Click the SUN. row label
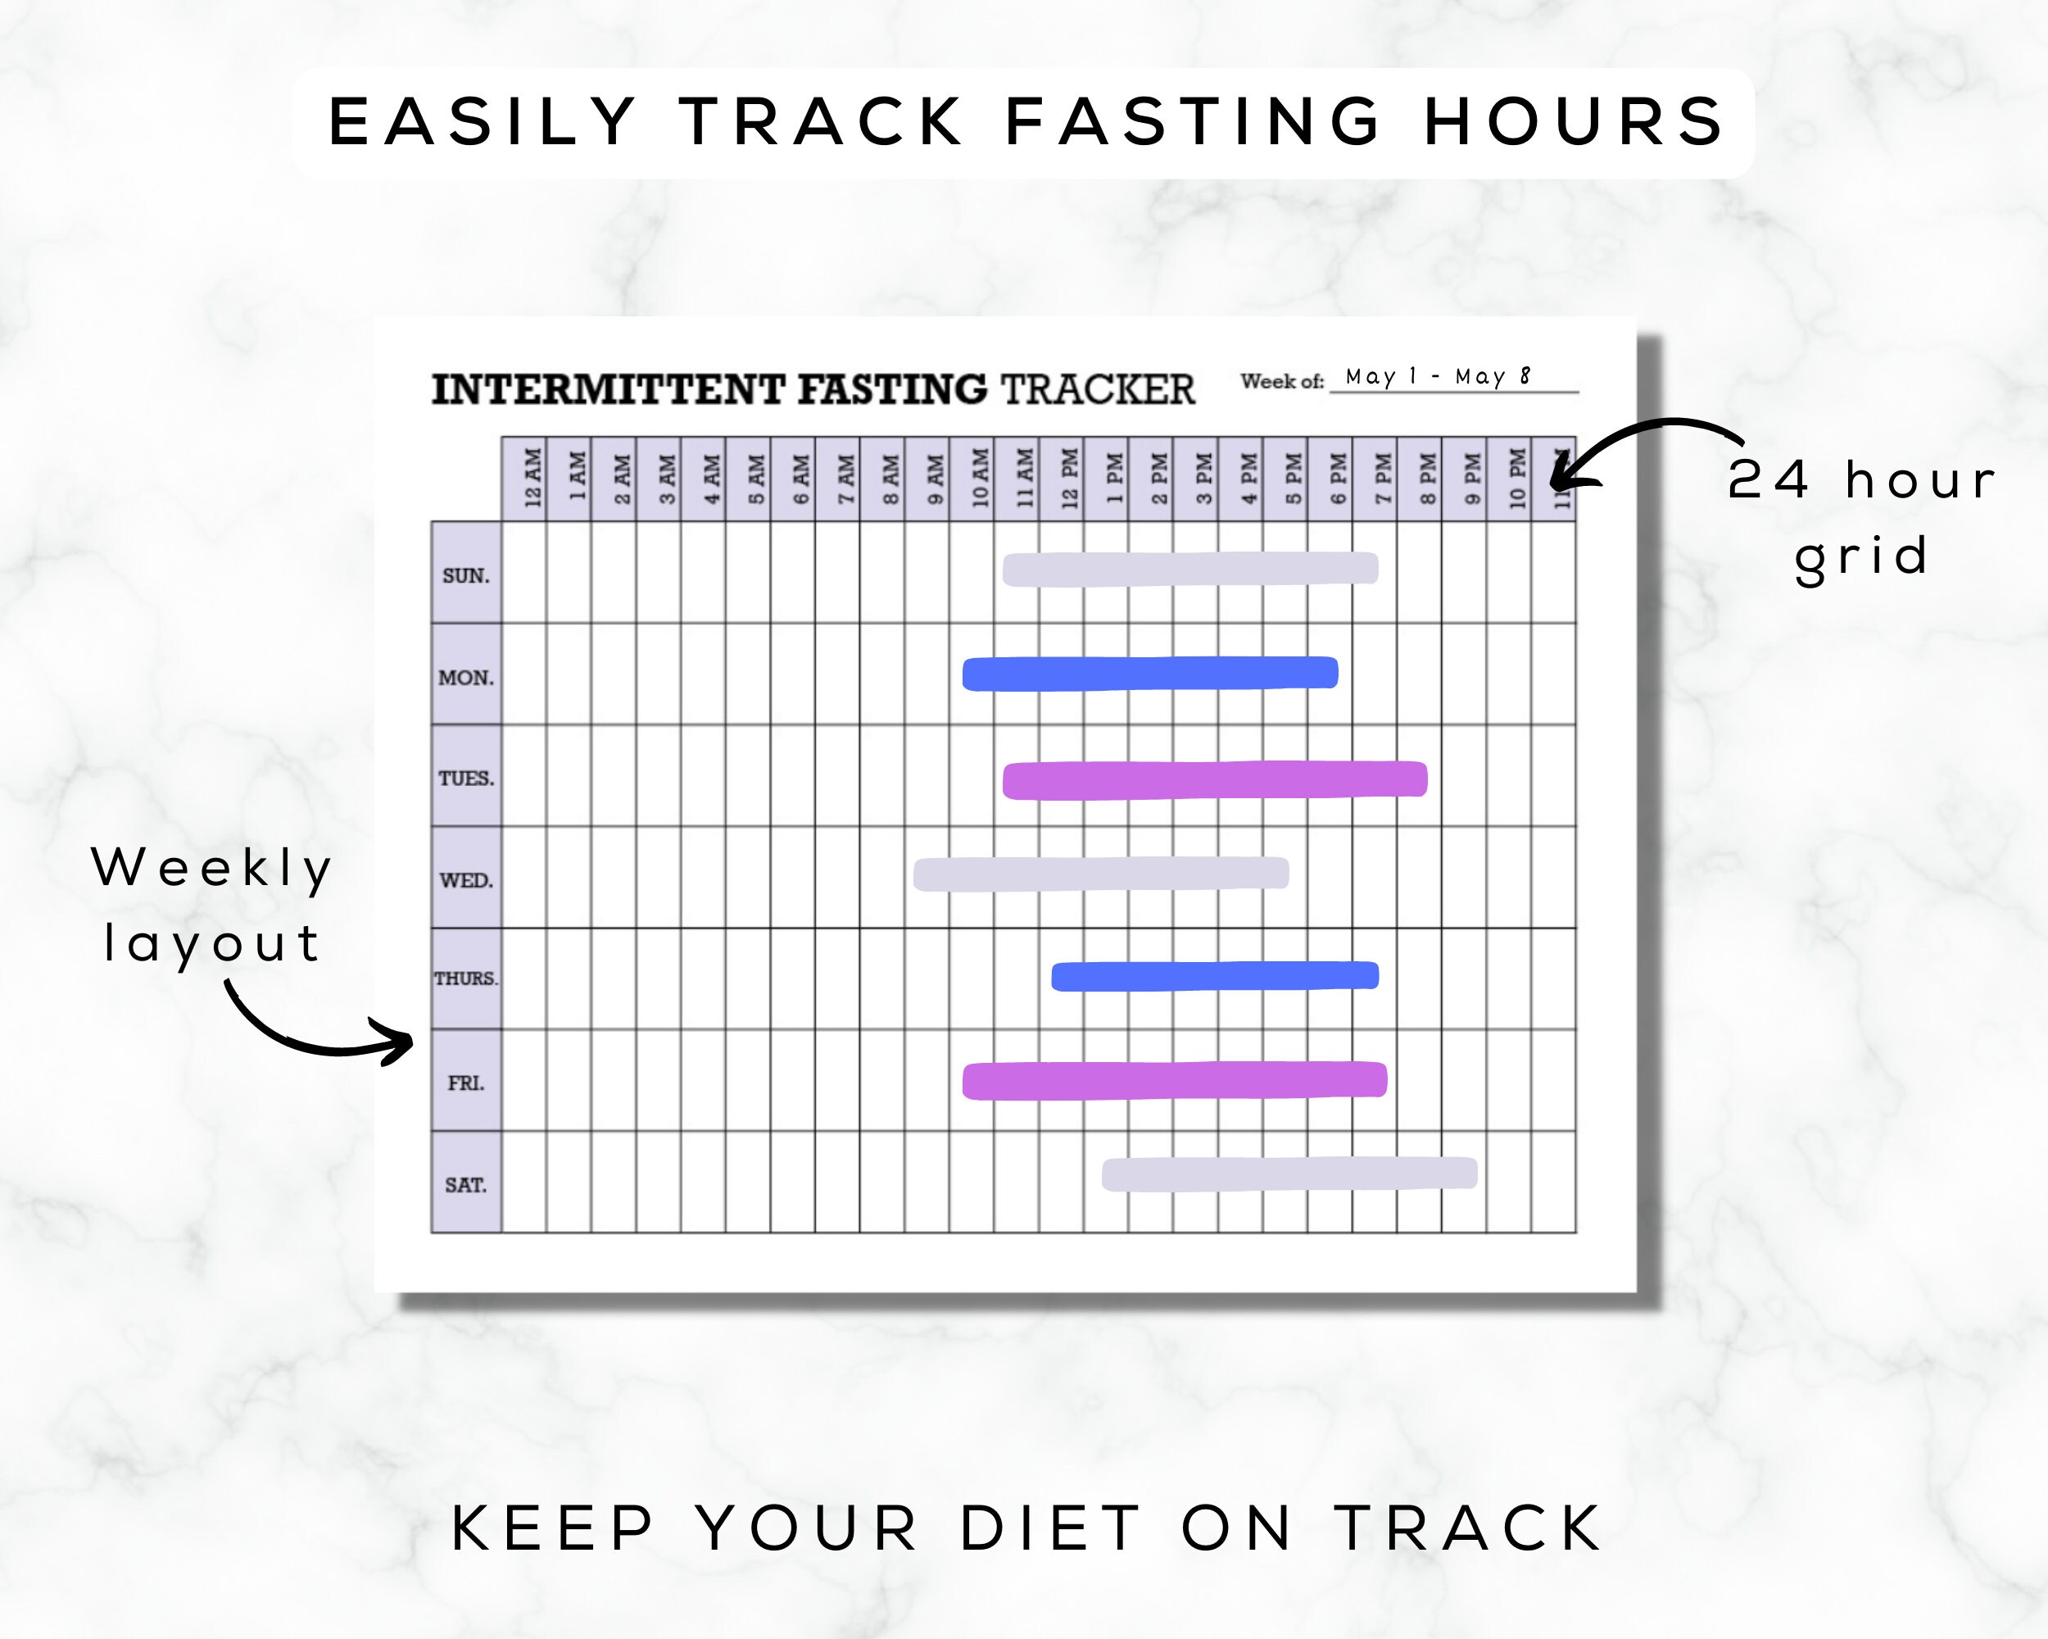[x=465, y=574]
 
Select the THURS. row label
[x=465, y=978]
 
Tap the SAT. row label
[x=465, y=1184]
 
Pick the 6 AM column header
[x=801, y=478]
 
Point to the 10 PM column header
[x=1517, y=478]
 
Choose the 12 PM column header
[x=1070, y=478]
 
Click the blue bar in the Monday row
[x=1149, y=674]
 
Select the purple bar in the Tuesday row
[x=1214, y=780]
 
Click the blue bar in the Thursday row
[x=1214, y=976]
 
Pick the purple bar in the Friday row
[x=1174, y=1080]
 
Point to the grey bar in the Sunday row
[x=1189, y=569]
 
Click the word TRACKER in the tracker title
[x=1097, y=389]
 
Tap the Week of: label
[x=1281, y=381]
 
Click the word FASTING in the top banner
[x=1192, y=121]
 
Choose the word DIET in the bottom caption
[x=1049, y=1529]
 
